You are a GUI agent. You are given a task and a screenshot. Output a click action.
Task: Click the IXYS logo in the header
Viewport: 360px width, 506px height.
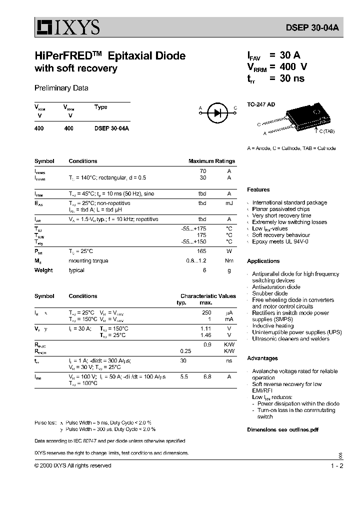point(67,27)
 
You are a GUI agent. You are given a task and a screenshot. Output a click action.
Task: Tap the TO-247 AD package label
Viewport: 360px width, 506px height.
point(261,104)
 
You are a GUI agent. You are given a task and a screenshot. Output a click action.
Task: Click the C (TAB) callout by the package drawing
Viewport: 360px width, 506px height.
point(325,131)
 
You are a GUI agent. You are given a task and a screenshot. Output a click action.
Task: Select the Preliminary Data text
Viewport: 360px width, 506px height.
point(61,88)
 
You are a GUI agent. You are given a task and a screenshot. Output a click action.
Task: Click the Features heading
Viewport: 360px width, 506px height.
point(258,189)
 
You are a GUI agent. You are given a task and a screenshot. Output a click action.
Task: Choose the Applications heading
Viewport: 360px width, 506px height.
point(263,261)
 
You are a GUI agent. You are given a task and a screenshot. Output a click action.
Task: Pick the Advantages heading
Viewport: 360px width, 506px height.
point(262,358)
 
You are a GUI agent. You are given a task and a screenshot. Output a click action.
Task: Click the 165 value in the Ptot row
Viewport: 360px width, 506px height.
point(202,251)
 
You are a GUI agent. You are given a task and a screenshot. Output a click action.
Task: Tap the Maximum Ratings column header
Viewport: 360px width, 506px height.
point(211,161)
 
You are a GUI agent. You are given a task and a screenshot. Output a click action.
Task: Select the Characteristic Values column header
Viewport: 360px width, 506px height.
point(208,296)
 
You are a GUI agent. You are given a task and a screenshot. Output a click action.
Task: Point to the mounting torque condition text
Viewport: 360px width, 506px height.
point(88,260)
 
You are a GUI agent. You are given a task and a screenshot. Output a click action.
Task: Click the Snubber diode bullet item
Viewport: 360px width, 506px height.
point(270,293)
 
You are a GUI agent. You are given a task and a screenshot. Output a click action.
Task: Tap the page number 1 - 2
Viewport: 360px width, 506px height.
point(337,465)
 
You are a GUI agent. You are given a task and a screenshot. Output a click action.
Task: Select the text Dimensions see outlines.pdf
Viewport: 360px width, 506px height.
point(282,429)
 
